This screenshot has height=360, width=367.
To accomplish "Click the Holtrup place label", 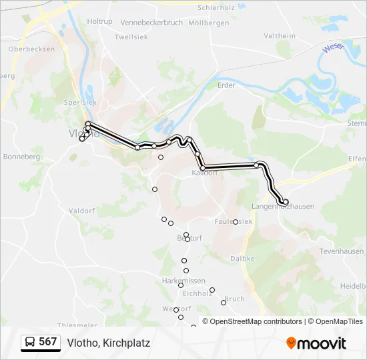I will tap(99, 21).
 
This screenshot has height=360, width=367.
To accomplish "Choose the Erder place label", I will tap(227, 85).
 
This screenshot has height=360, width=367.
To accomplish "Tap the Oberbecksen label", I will tap(31, 49).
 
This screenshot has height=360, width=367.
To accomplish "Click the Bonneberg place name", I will tap(22, 157).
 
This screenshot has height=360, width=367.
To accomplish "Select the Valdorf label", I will tap(82, 211).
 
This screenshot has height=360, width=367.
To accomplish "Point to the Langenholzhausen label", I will tap(284, 207).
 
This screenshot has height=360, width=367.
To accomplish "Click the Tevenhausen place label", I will tap(342, 251).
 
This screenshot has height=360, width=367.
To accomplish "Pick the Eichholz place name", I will tap(197, 293).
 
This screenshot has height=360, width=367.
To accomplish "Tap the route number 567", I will tap(48, 342).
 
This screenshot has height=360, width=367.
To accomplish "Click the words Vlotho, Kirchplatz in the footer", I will tap(108, 343).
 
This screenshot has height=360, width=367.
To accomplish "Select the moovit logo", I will tap(316, 343).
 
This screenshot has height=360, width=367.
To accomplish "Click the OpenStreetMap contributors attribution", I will tap(256, 321).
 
